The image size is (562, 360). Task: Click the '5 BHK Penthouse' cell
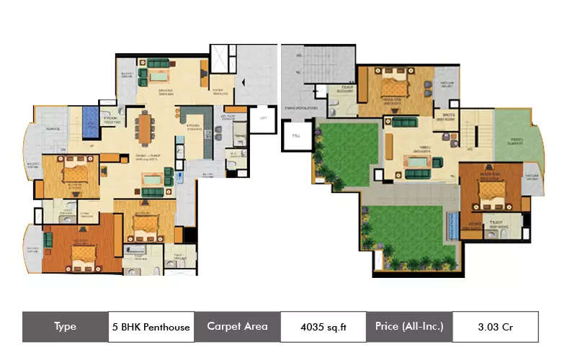coord(151,327)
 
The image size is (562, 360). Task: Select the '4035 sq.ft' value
coord(324,327)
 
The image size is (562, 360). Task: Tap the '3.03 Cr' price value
coord(496,327)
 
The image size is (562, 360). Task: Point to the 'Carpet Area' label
coord(237,327)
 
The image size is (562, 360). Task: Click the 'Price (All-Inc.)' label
coord(409,327)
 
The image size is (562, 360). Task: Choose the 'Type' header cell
coord(65,327)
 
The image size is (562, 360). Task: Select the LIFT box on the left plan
coord(264,118)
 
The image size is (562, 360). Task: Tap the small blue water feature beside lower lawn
coord(452,225)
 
